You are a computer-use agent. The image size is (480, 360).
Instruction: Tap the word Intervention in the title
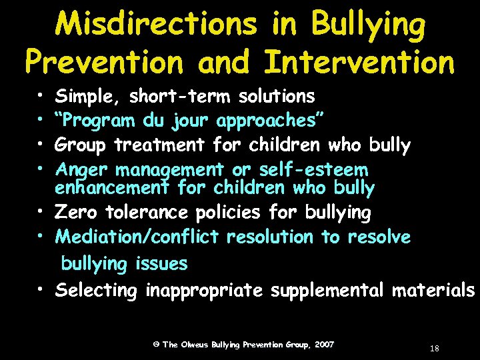[x=359, y=62]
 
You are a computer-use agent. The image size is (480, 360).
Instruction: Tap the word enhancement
[x=114, y=188]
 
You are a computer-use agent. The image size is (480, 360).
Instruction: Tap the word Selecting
[x=97, y=291]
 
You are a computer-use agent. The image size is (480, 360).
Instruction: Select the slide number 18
[x=434, y=349]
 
